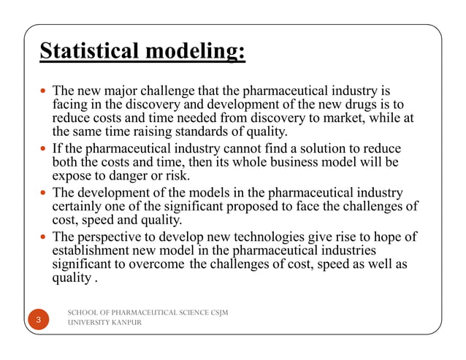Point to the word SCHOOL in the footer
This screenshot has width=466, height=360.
[x=83, y=313]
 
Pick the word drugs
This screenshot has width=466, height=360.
[x=367, y=105]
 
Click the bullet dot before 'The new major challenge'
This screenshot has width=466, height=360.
[x=44, y=92]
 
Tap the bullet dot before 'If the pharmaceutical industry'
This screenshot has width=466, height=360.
[x=44, y=149]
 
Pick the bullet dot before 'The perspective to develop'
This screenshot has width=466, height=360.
[x=44, y=237]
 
